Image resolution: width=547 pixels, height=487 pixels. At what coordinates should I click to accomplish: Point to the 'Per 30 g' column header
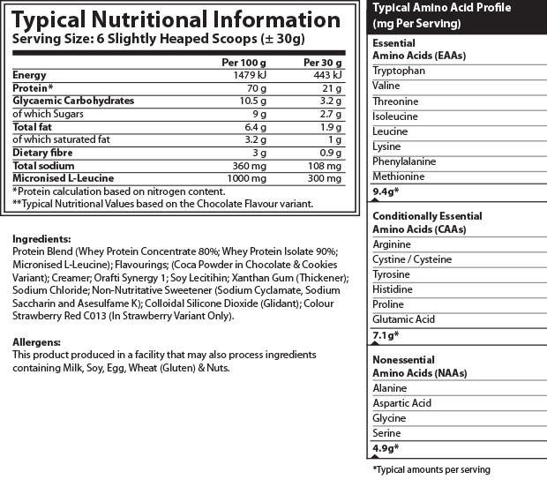click(x=324, y=63)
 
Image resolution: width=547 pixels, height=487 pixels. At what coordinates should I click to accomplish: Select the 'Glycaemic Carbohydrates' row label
click(x=73, y=101)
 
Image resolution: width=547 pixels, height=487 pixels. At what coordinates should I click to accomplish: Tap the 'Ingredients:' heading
click(x=41, y=238)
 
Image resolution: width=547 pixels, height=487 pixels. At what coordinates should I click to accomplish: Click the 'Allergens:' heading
click(x=37, y=341)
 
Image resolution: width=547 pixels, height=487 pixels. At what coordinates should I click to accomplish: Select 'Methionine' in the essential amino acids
click(x=398, y=176)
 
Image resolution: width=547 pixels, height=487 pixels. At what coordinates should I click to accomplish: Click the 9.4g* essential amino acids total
click(x=386, y=191)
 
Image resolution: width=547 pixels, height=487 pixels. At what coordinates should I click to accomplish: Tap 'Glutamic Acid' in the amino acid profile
click(x=402, y=319)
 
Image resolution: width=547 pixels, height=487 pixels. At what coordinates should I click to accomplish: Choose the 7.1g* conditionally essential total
click(x=386, y=335)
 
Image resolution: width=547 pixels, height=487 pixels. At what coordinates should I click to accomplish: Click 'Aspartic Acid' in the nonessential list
click(x=401, y=403)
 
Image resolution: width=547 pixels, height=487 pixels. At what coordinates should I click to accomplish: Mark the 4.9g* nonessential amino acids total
click(x=386, y=449)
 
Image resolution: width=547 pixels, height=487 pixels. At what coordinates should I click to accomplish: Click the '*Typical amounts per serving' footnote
click(x=431, y=469)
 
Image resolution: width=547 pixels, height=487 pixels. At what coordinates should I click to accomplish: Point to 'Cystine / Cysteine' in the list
click(x=412, y=259)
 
